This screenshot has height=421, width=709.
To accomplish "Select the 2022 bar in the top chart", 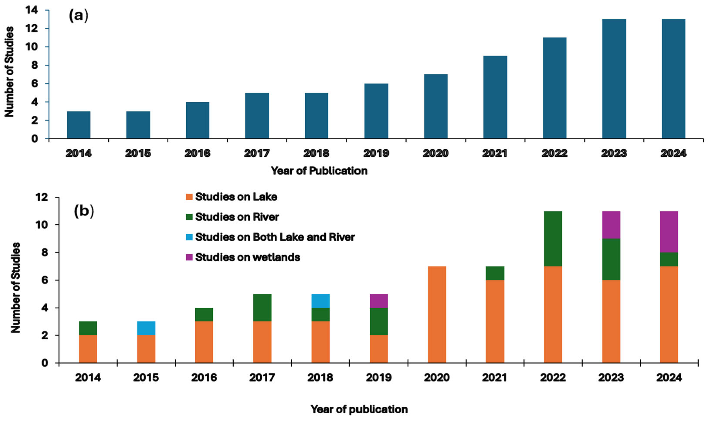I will (555, 88).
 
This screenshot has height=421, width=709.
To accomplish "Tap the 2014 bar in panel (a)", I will (79, 125).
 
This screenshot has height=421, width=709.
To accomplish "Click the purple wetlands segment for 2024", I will (669, 232).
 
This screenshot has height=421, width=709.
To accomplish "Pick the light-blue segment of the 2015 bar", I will (146, 328).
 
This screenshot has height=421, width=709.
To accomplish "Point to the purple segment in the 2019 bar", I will (379, 301).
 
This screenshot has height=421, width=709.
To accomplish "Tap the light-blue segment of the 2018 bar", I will (321, 301).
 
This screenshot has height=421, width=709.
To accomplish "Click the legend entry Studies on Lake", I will (236, 197).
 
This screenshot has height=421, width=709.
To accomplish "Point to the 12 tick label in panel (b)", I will (42, 197).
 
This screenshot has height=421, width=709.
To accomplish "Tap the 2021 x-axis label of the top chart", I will (495, 154).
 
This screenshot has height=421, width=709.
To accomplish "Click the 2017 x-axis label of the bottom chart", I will (262, 378).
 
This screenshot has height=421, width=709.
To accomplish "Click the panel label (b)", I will (84, 211).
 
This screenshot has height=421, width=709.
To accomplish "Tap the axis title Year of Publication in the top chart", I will (319, 171).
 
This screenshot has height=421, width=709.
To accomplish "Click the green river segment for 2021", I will (495, 273).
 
